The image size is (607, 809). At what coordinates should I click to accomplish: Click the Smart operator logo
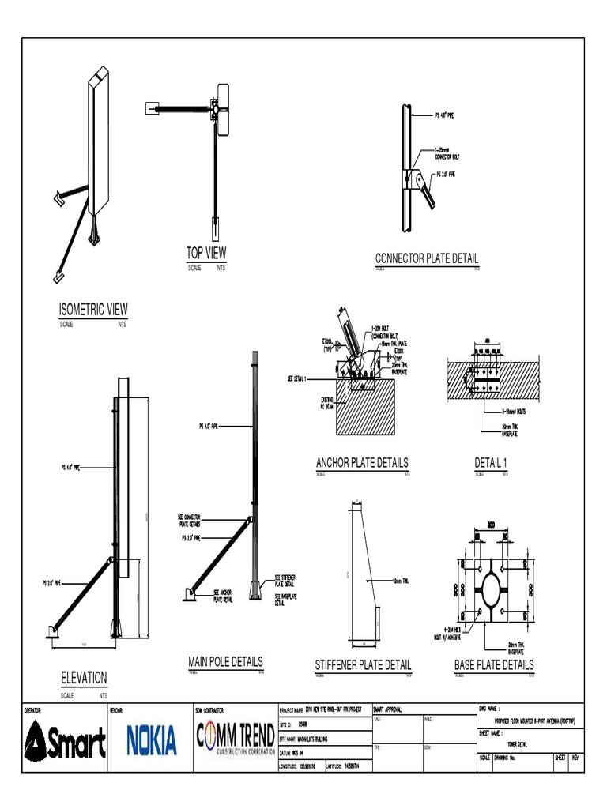click(66, 743)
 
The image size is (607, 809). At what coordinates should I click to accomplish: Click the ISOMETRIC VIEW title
click(92, 309)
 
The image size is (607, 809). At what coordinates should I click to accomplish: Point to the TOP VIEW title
click(206, 253)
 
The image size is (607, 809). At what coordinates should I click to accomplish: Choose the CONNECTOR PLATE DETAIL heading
click(427, 258)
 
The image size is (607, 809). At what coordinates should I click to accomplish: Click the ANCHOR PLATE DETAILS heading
click(362, 463)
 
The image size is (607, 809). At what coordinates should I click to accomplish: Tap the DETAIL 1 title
click(490, 463)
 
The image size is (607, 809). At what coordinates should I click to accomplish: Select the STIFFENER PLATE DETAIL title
click(363, 665)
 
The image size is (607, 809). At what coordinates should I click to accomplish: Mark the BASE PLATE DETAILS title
click(494, 665)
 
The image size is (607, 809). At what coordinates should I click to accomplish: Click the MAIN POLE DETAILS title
click(225, 661)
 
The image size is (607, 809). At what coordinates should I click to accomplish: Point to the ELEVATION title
click(84, 678)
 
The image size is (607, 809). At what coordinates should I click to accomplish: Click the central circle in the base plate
click(491, 590)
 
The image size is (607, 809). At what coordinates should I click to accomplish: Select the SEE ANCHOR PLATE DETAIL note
click(223, 597)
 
